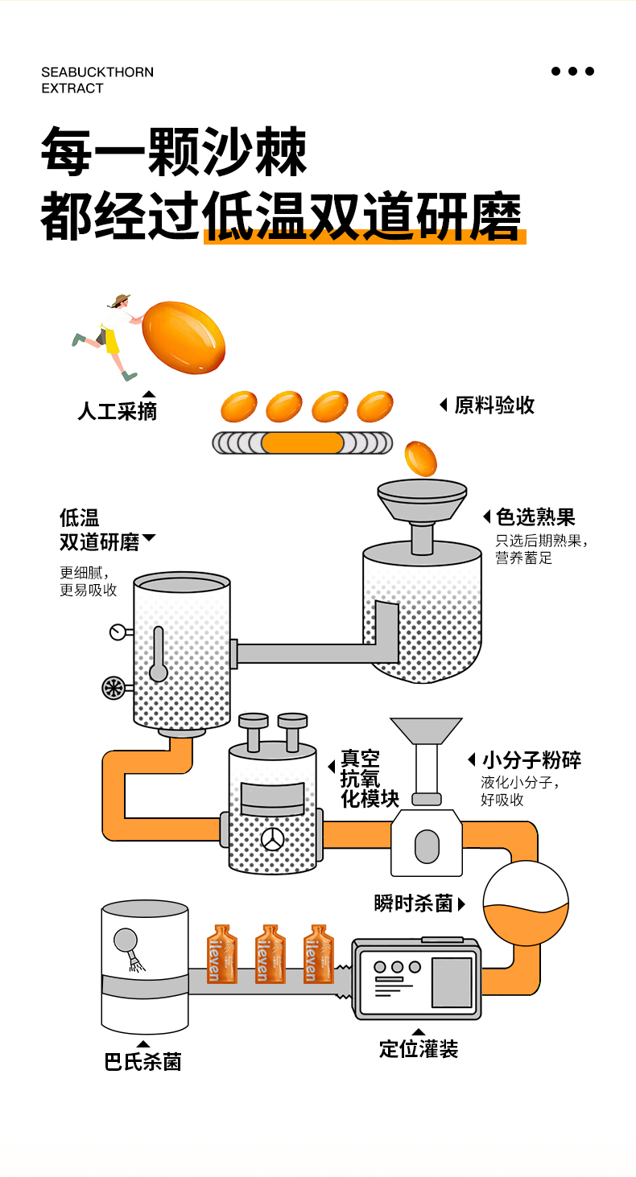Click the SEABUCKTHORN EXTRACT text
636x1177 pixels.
pyautogui.click(x=97, y=80)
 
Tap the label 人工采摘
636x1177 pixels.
pyautogui.click(x=117, y=412)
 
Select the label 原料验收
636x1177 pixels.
pyautogui.click(x=494, y=405)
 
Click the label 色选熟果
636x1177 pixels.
pyautogui.click(x=535, y=517)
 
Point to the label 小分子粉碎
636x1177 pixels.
pyautogui.click(x=531, y=760)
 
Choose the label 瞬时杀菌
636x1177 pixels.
pyautogui.click(x=414, y=903)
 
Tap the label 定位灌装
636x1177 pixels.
pyautogui.click(x=419, y=1049)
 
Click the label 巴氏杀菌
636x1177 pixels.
pyautogui.click(x=142, y=1062)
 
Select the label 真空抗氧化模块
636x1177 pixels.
pyautogui.click(x=370, y=779)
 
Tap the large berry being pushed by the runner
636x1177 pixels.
pyautogui.click(x=183, y=337)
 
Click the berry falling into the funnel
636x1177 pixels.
pyautogui.click(x=420, y=458)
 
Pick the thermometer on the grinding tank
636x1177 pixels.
pyautogui.click(x=158, y=653)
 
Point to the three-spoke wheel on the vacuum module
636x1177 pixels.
pyautogui.click(x=272, y=838)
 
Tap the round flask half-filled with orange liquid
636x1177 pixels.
pyautogui.click(x=525, y=903)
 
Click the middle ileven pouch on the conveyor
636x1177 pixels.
pyautogui.click(x=270, y=953)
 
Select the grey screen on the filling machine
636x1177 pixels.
pyautogui.click(x=451, y=982)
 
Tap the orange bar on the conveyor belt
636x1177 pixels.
pyautogui.click(x=302, y=443)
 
